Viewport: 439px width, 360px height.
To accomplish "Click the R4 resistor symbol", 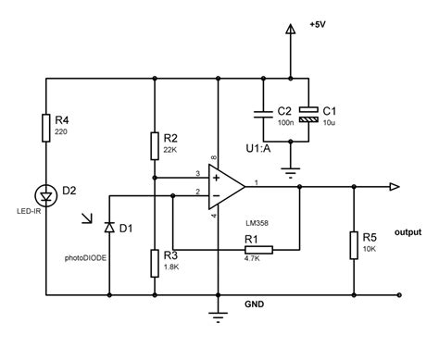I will tap(46, 129).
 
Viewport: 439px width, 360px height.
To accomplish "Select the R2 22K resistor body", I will tap(155, 145).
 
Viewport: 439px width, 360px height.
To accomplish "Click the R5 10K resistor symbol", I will tap(353, 246).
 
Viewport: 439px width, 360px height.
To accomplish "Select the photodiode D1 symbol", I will tap(109, 227).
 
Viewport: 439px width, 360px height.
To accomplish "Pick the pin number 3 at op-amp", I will tap(197, 172).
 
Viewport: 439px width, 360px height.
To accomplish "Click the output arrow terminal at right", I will tap(395, 187).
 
